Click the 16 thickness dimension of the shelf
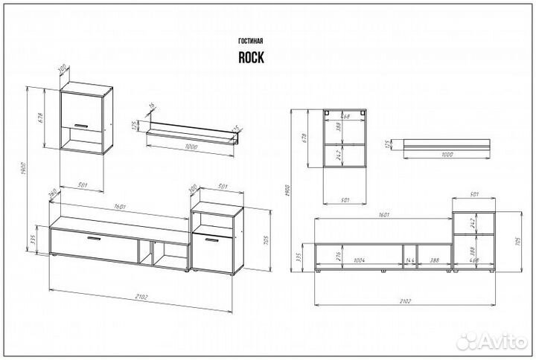click(151, 108)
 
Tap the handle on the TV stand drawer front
click(94, 240)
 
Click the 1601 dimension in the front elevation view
click(382, 213)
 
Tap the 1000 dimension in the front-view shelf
click(447, 155)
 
